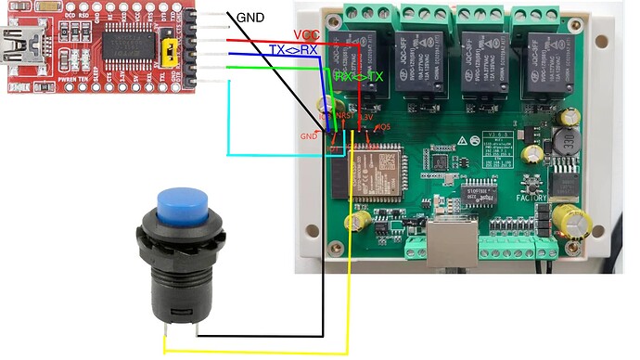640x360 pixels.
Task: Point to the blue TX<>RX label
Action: coord(294,49)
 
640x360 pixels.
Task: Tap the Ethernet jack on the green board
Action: coord(453,243)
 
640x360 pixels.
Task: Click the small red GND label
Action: coord(310,135)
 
